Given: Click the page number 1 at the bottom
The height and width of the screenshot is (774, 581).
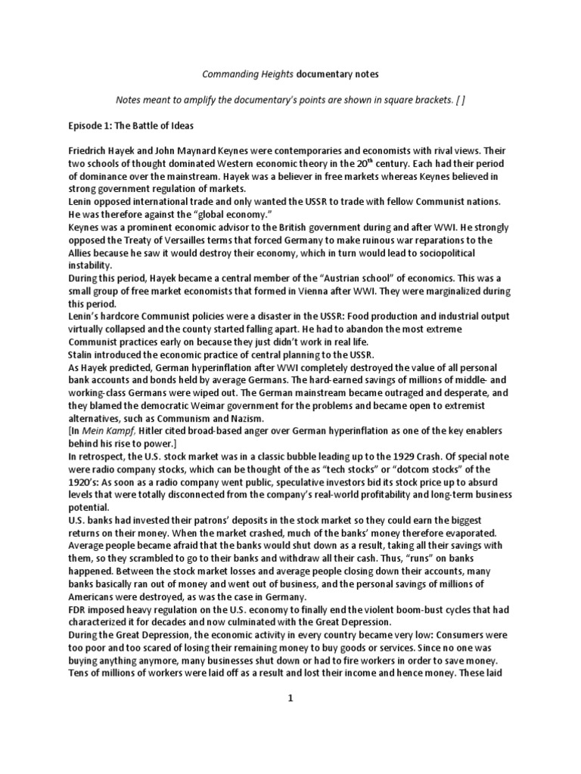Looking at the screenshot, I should pos(290,699).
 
